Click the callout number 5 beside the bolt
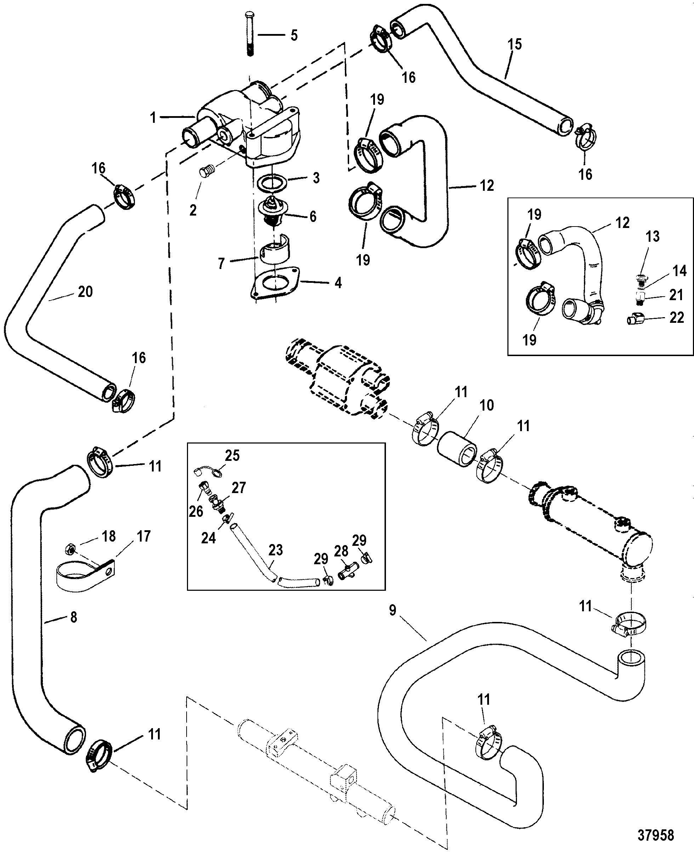(294, 35)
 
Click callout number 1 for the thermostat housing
(153, 118)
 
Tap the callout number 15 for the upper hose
(515, 44)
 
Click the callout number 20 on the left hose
(85, 292)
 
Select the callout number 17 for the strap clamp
(143, 536)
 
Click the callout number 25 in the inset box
(232, 456)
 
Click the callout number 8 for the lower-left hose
(74, 617)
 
